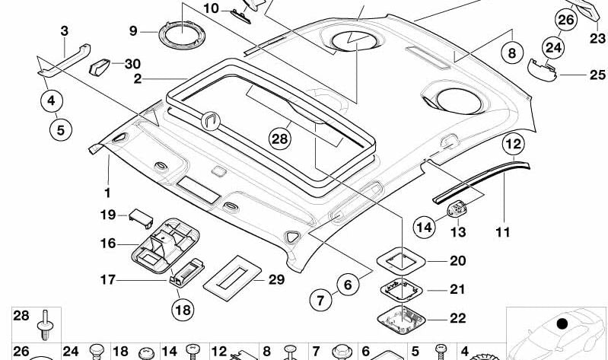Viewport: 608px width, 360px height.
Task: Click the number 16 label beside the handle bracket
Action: click(109, 244)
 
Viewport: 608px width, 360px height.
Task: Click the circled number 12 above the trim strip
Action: click(513, 144)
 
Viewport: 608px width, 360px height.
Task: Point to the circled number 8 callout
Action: click(511, 54)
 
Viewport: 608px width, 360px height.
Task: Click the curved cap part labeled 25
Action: click(543, 72)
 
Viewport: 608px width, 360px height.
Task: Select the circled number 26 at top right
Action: click(565, 21)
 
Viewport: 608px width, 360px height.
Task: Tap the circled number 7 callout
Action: click(320, 301)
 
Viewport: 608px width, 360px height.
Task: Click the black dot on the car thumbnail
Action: click(562, 323)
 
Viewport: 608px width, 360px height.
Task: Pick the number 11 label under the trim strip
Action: click(501, 230)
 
